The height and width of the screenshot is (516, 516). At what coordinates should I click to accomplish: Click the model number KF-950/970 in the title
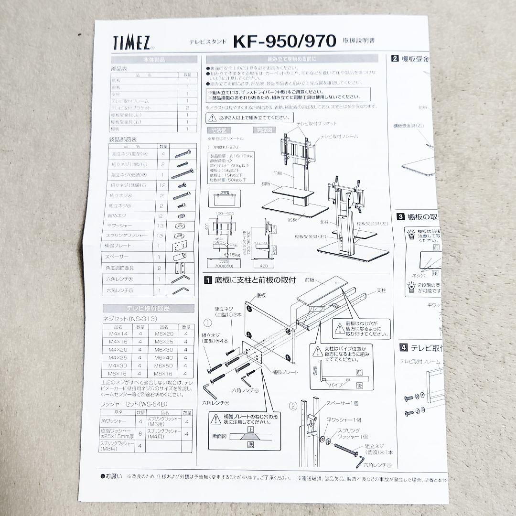coord(284,42)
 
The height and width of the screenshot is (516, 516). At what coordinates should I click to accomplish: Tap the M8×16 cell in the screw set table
coord(163,373)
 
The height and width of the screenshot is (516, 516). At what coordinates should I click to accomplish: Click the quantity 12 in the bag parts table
coord(163,185)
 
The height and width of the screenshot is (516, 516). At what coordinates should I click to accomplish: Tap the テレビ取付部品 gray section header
coord(148,308)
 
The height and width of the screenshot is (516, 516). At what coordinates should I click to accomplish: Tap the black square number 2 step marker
coord(395,59)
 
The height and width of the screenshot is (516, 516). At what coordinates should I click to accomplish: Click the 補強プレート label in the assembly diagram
coord(285,372)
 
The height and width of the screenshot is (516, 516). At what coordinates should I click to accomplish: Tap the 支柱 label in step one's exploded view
coord(381,290)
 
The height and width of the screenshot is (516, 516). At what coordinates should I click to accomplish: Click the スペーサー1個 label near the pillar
coord(342,404)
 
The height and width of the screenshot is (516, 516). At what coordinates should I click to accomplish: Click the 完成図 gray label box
coord(265,129)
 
